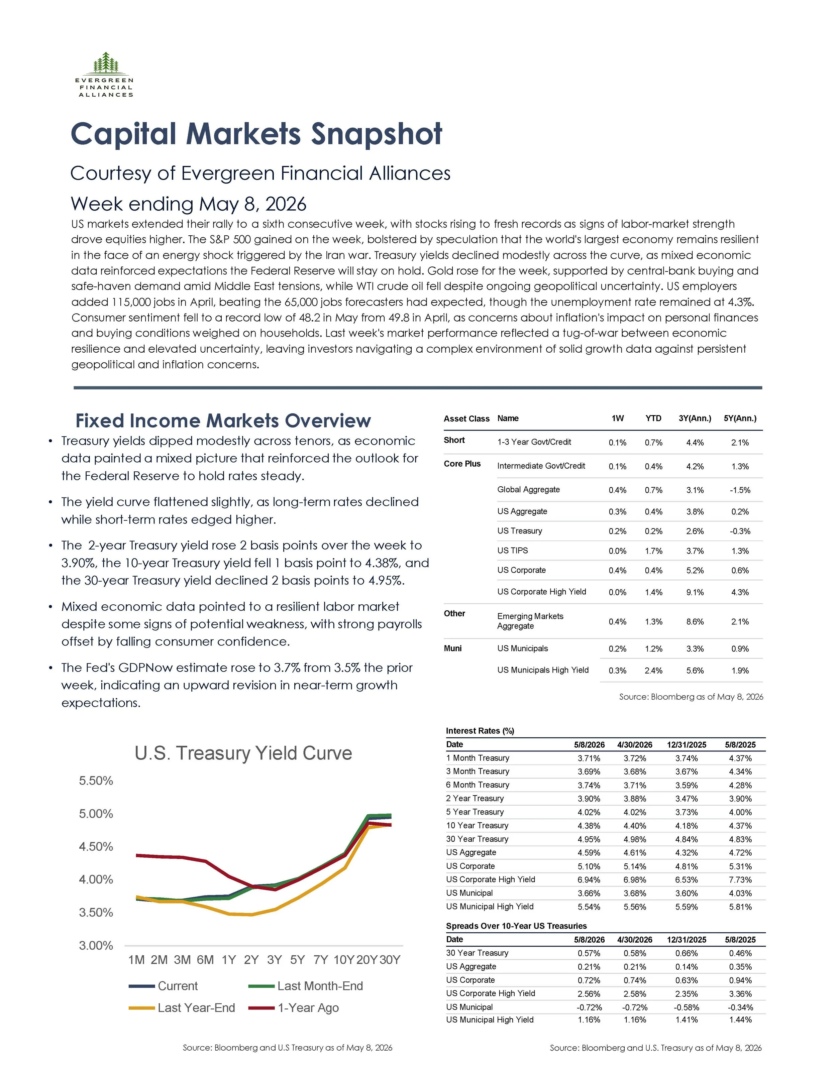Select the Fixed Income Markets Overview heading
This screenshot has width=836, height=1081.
[223, 421]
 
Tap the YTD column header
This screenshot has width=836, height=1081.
[653, 418]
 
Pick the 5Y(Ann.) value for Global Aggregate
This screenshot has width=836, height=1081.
[740, 490]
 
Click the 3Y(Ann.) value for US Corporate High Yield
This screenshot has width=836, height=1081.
[695, 592]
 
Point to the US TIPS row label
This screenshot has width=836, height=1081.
[513, 551]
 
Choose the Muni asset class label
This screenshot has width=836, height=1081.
[453, 648]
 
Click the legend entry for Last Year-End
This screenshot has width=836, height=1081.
[182, 1008]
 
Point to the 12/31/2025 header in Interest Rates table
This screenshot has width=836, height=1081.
[687, 744]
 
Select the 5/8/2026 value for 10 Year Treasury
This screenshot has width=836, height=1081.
[589, 826]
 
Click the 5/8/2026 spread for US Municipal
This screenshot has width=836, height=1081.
[589, 1007]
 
